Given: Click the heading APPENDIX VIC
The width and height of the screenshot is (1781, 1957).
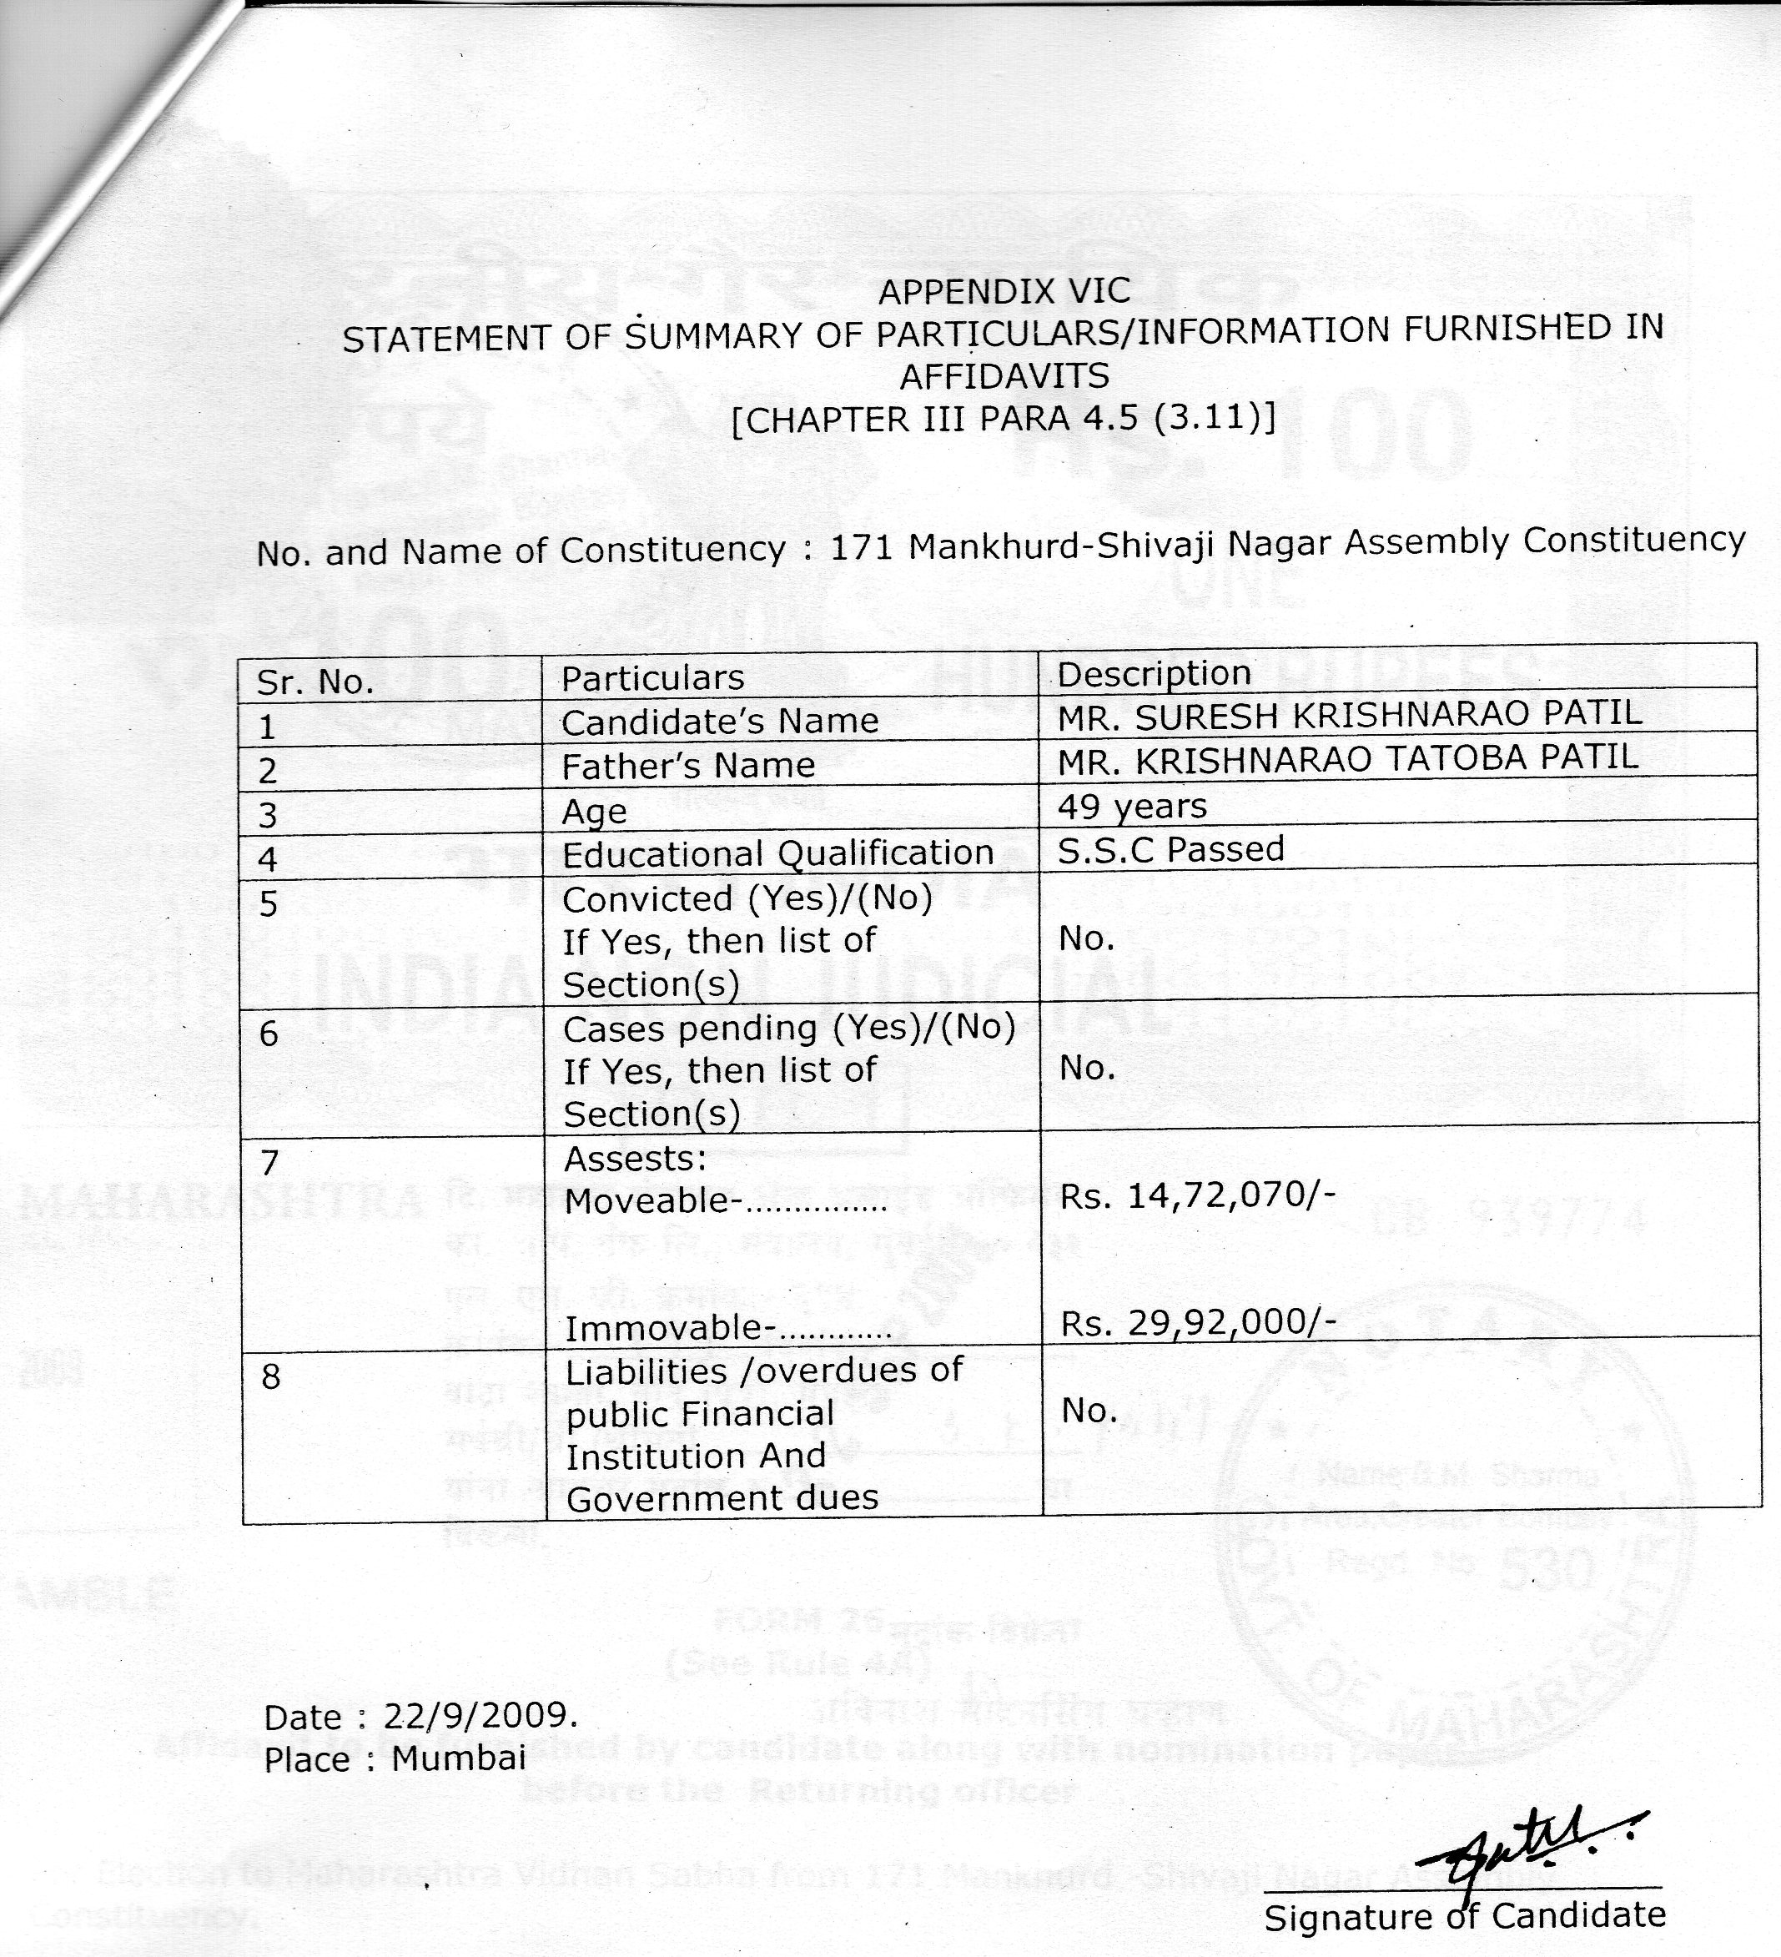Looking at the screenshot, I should tap(1004, 290).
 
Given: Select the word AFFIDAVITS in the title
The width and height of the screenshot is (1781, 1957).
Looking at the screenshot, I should tap(1004, 375).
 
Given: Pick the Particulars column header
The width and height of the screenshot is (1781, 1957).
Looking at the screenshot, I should tap(652, 677).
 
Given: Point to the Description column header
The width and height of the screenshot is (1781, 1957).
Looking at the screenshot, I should tap(1153, 674).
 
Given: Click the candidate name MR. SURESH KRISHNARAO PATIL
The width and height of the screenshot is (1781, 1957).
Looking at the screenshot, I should tap(1349, 716).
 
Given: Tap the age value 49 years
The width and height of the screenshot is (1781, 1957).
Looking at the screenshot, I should tap(1132, 806).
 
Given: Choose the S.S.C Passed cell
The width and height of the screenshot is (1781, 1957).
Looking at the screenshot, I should tap(1170, 849).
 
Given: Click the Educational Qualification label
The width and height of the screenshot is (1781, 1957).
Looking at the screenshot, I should tap(777, 854).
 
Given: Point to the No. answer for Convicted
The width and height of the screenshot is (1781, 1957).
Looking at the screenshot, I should tap(1086, 938).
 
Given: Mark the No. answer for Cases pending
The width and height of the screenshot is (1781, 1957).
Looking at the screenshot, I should tap(1086, 1069).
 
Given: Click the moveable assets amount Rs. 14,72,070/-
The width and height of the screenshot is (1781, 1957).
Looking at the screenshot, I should tap(1198, 1196).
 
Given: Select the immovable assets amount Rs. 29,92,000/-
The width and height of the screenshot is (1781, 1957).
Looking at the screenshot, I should tap(1198, 1323).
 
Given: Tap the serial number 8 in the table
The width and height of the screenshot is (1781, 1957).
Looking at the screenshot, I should tap(271, 1376).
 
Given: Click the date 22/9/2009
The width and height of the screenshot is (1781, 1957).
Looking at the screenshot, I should tap(480, 1716).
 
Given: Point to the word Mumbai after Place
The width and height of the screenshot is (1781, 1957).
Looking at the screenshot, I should tap(458, 1758).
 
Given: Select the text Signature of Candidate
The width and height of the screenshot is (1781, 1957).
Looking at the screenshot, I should tap(1465, 1915).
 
